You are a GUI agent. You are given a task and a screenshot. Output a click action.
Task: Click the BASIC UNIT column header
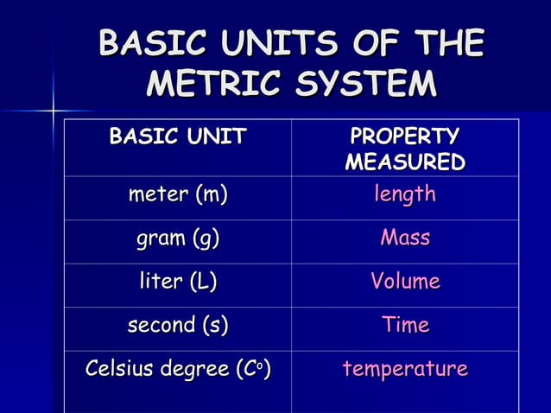coord(178,136)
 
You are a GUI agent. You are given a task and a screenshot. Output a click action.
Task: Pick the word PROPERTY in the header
coord(405,137)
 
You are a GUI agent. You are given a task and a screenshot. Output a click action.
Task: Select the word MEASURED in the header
coord(405,162)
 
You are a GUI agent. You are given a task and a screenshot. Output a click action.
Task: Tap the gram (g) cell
coord(178,238)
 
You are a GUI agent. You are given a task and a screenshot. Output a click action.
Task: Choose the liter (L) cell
coord(178,282)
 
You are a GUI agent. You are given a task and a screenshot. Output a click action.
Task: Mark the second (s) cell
coord(178,326)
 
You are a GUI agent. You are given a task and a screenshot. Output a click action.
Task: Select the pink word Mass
coord(405,238)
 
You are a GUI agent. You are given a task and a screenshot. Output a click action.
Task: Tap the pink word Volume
coord(405,282)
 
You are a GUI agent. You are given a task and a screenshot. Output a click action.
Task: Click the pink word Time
coord(405,325)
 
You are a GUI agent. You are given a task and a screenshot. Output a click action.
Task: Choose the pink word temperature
coord(405,370)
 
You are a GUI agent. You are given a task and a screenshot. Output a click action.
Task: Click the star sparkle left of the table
coord(53,111)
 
